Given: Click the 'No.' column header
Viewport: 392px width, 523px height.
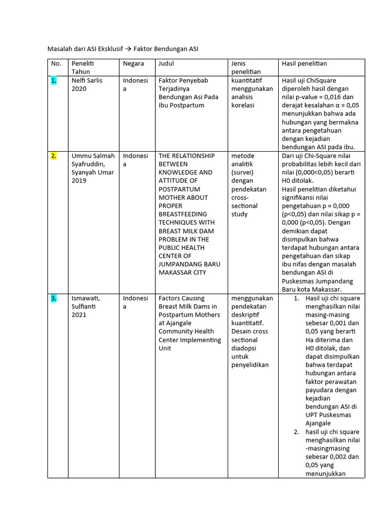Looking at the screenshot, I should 56,64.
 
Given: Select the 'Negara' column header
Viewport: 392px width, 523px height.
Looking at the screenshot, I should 133,64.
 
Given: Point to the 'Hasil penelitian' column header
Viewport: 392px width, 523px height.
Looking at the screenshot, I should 304,64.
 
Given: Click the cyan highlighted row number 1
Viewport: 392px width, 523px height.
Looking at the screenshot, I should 54,81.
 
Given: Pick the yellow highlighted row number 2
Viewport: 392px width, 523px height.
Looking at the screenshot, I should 54,156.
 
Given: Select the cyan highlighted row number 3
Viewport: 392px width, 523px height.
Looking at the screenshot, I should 54,298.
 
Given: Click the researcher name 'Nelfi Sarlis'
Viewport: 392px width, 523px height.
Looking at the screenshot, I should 88,81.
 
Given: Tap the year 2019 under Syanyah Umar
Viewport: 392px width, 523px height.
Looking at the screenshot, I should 79,181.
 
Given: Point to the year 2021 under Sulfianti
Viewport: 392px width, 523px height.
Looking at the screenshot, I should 79,315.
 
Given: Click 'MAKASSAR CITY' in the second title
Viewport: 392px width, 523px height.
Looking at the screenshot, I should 182,273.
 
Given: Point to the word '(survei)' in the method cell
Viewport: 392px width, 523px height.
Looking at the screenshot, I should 243,173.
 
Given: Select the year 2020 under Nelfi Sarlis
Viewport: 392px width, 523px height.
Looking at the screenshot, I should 79,89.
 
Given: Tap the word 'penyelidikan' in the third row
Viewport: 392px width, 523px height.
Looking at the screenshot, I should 250,365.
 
